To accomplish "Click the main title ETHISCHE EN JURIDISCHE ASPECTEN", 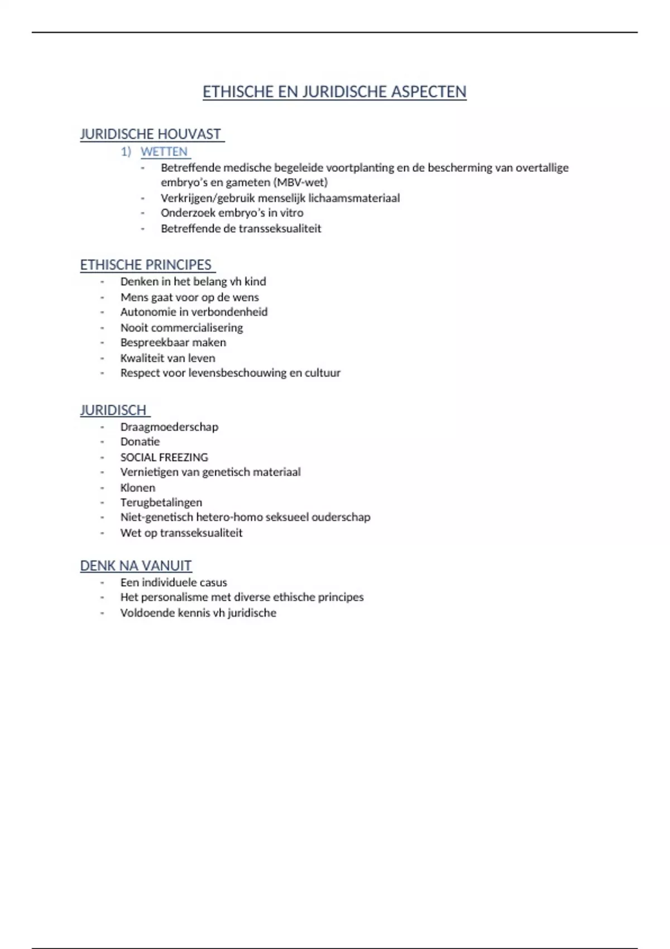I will point(334,92).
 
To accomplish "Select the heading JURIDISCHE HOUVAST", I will point(151,134).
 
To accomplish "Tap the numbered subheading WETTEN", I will point(164,151).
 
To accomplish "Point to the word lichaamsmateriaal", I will point(354,198).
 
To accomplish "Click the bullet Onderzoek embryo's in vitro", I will point(232,213).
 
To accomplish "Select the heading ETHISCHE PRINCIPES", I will point(146,265).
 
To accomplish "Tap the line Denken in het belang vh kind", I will point(193,281).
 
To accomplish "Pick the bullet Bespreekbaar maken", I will point(173,342).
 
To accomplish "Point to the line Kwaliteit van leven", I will point(167,358).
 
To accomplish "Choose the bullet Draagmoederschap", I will point(169,426).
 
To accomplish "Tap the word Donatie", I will point(140,442).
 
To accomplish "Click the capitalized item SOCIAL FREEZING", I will point(164,457).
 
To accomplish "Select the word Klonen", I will point(138,487).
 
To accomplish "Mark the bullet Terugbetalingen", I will point(161,502).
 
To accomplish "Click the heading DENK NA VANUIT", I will point(136,565).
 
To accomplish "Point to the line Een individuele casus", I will point(174,582).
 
